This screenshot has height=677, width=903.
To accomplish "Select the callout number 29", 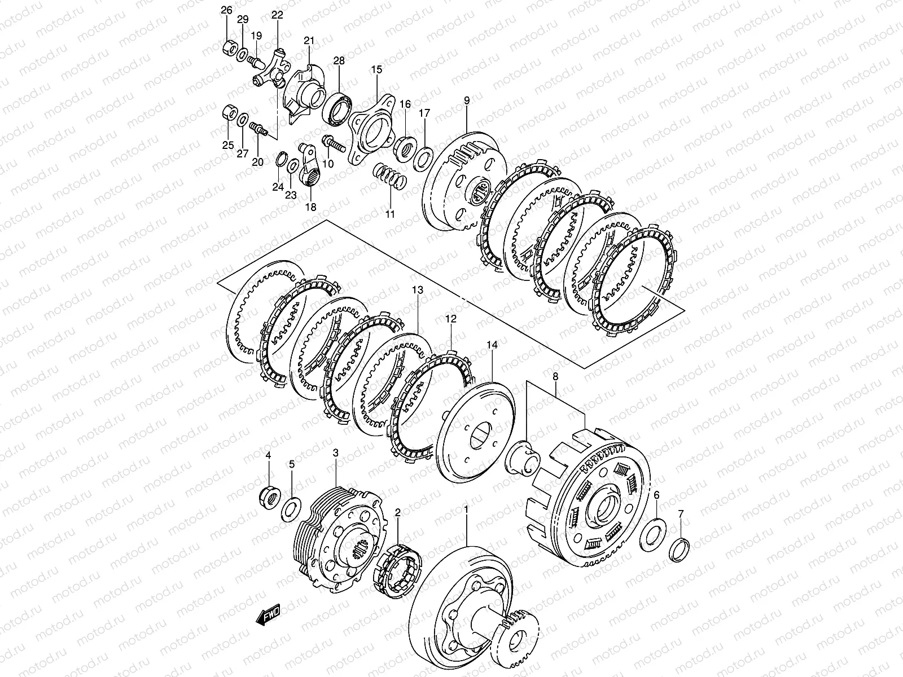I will pyautogui.click(x=242, y=20).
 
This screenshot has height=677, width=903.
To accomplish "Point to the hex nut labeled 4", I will pyautogui.click(x=269, y=496).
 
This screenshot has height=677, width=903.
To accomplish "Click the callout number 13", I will pyautogui.click(x=417, y=291).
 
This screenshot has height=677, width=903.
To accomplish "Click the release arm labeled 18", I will pyautogui.click(x=312, y=169).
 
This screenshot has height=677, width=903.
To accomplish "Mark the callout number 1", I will pyautogui.click(x=466, y=510).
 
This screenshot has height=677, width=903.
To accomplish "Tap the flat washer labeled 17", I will pyautogui.click(x=424, y=159).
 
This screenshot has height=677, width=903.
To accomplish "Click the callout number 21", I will pyautogui.click(x=309, y=41).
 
